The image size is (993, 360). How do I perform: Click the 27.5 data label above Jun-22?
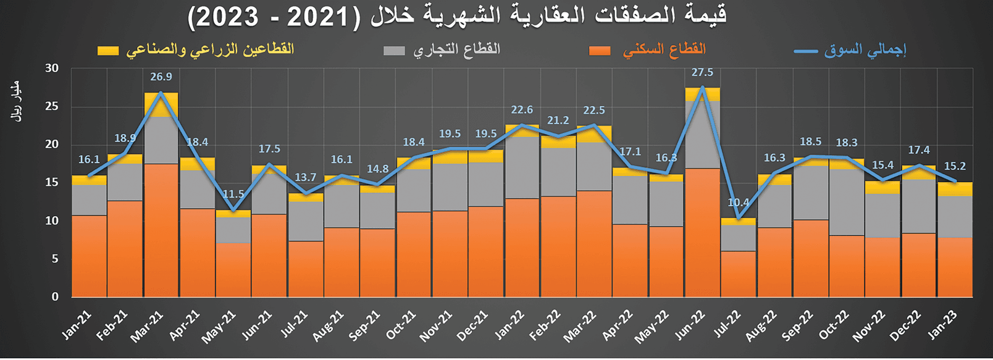[x=702, y=73]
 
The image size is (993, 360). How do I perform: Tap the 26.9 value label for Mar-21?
[x=161, y=77]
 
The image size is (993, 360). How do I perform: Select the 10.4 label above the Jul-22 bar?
[x=739, y=203]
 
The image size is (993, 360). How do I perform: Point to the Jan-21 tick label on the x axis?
[x=77, y=325]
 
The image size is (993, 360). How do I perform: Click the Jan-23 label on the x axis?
[x=943, y=325]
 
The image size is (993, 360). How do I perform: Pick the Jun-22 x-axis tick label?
[x=690, y=326]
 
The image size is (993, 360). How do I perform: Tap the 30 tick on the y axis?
[x=52, y=69]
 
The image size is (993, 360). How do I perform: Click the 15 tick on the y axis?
[x=52, y=183]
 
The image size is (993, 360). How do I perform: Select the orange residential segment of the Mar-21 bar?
[x=161, y=230]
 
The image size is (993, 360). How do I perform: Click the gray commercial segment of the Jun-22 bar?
[x=702, y=135]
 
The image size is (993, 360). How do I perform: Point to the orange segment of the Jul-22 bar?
[x=739, y=274]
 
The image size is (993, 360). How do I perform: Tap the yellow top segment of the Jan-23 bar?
[x=955, y=189]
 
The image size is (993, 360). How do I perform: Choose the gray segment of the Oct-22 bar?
[x=847, y=202]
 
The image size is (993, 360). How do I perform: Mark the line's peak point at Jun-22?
[x=702, y=87]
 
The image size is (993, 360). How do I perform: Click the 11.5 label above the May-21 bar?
[x=233, y=194]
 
